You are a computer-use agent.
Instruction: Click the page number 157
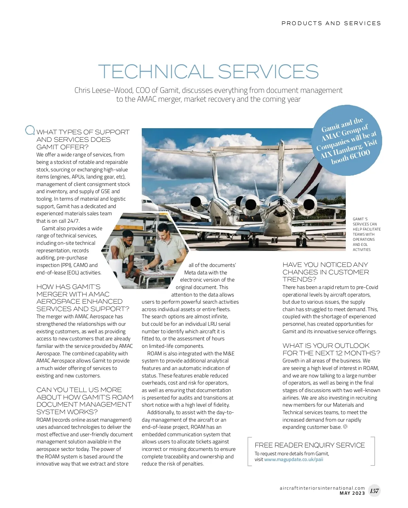pyautogui.click(x=374, y=491)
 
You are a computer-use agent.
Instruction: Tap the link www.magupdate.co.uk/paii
pyautogui.click(x=293, y=460)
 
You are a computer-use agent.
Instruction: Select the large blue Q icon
pyautogui.click(x=30, y=130)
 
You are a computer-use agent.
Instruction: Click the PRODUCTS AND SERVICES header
pyautogui.click(x=331, y=23)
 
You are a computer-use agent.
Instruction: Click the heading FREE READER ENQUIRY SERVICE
pyautogui.click(x=309, y=445)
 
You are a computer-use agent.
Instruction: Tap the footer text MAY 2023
pyautogui.click(x=352, y=493)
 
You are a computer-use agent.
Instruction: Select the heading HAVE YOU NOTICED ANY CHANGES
pyautogui.click(x=325, y=272)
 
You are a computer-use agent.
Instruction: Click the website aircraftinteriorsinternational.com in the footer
pyautogui.click(x=322, y=488)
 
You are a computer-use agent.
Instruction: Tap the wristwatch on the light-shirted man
pyautogui.click(x=174, y=261)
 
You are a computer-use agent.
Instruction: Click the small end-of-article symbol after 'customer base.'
pyautogui.click(x=345, y=427)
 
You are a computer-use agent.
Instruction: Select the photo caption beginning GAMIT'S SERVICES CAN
pyautogui.click(x=366, y=234)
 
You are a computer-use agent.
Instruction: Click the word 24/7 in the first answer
pyautogui.click(x=73, y=221)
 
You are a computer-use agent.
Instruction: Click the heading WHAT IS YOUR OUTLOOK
pyautogui.click(x=331, y=349)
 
